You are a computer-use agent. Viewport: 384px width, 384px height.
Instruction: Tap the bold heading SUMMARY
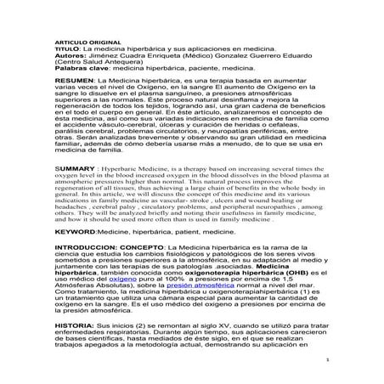click(x=74, y=168)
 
